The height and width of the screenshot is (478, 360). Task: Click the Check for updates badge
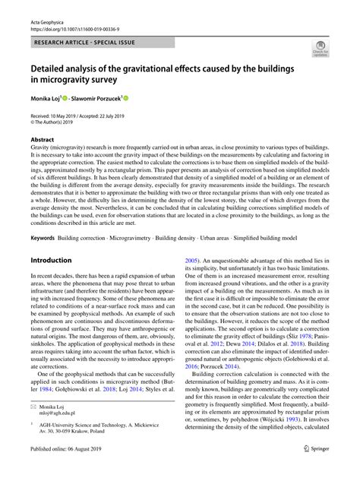(320, 51)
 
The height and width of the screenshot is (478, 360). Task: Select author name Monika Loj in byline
(48, 99)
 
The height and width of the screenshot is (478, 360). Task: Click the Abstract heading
(42, 140)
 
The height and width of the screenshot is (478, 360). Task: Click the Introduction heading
(50, 260)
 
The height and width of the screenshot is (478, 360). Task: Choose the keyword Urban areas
(243, 238)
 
